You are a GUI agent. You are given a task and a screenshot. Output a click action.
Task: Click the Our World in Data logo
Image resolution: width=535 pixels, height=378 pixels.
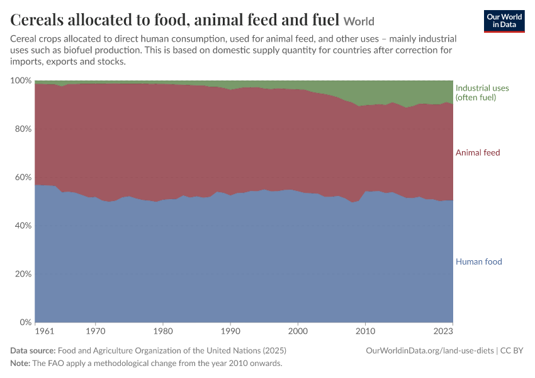(504, 21)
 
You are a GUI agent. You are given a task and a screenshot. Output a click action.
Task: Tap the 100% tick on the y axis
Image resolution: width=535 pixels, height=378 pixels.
(21, 81)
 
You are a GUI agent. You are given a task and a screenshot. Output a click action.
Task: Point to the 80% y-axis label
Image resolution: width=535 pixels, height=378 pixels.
(23, 129)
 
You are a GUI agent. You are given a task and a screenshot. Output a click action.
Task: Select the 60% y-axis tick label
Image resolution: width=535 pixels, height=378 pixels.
(23, 177)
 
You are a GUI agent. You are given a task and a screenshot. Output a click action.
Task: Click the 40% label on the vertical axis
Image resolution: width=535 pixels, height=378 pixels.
(23, 226)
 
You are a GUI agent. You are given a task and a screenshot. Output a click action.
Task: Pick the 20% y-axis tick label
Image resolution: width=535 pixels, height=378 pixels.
(23, 274)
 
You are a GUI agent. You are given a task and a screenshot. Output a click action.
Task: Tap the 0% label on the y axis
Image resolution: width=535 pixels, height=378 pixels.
(26, 323)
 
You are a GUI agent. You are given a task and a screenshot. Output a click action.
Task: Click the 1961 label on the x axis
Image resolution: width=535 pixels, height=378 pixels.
(45, 331)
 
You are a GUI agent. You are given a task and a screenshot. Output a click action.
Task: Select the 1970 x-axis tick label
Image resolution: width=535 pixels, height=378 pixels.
(96, 331)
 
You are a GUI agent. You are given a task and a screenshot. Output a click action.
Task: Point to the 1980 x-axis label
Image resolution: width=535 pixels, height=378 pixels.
(163, 331)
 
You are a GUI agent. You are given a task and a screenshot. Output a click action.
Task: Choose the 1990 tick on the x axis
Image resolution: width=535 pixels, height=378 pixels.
(230, 331)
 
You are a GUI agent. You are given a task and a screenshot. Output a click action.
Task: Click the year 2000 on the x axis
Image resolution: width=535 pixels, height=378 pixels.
(298, 331)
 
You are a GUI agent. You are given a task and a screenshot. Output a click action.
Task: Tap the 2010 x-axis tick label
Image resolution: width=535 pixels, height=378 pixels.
(366, 331)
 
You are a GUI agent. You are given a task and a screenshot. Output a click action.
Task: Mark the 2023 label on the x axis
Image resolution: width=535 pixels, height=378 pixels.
(443, 331)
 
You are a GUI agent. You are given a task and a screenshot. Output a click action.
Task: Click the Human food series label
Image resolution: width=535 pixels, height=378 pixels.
(479, 262)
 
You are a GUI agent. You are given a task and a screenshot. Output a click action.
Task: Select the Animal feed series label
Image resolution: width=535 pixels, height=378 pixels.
(478, 152)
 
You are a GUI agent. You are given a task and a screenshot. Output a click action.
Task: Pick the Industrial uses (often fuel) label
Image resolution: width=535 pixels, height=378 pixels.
(482, 93)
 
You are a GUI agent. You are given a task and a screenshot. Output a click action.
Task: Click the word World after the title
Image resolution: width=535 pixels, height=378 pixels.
(359, 21)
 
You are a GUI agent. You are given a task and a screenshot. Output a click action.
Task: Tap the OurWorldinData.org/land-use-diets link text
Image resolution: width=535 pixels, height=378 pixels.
(429, 351)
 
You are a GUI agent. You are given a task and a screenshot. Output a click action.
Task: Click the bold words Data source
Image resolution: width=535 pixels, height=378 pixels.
(33, 351)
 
